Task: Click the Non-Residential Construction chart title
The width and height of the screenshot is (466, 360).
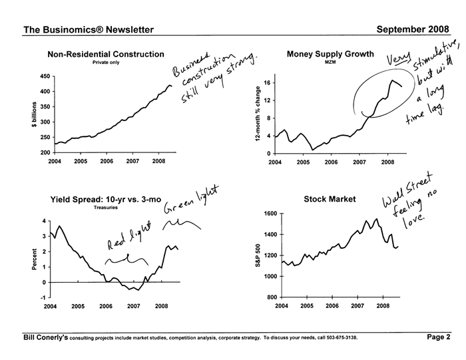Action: point(107,54)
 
